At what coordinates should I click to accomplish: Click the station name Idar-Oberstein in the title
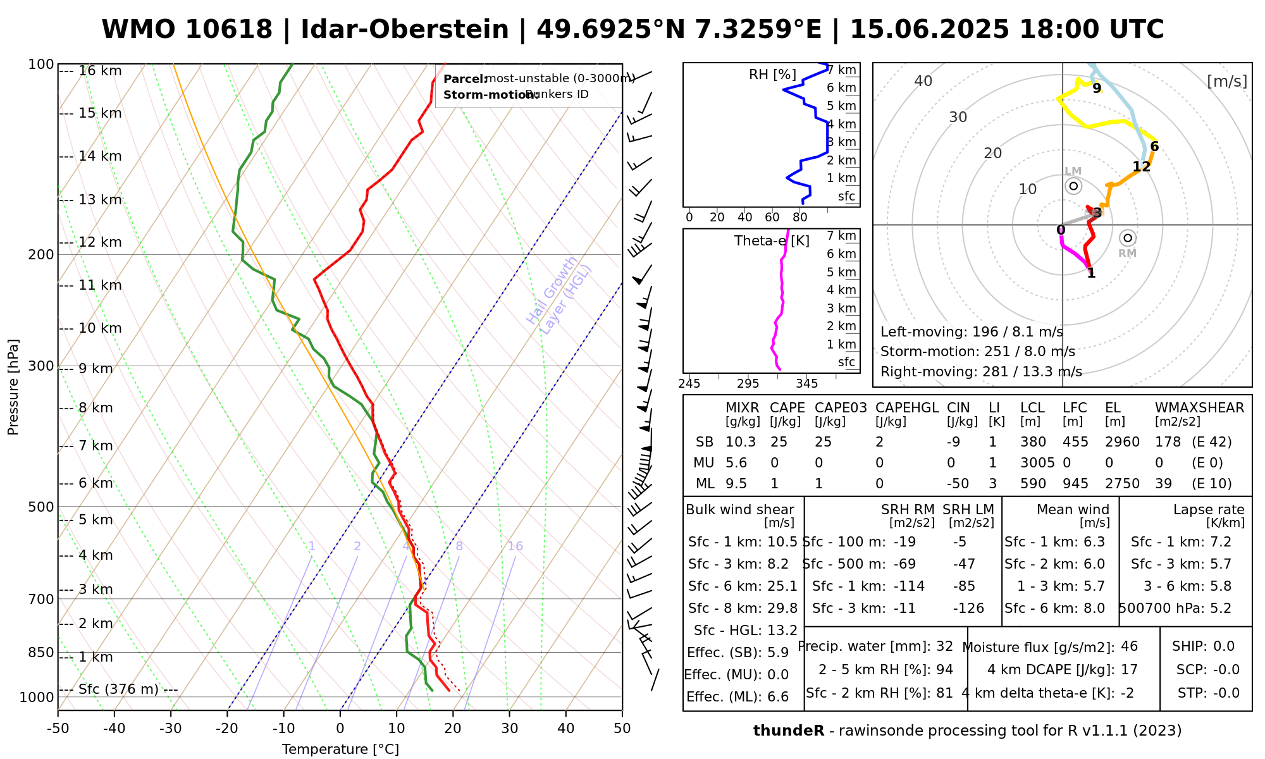[405, 30]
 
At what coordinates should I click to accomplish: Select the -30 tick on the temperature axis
[171, 729]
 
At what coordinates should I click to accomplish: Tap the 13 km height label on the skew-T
[100, 200]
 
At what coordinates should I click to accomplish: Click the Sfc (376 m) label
[118, 689]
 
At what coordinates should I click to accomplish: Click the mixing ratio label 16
[515, 546]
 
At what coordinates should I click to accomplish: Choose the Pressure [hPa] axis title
[13, 387]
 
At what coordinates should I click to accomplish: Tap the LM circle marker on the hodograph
[1073, 186]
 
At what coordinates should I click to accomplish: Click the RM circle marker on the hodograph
[1127, 238]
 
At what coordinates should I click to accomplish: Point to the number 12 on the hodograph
[1141, 167]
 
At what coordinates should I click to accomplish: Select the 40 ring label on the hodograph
[923, 81]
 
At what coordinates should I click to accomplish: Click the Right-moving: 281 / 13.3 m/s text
[981, 372]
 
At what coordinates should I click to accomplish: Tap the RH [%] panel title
[772, 75]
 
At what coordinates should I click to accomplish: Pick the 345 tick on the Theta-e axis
[806, 384]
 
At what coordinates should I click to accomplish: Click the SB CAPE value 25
[778, 442]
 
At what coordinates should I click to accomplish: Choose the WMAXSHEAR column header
[1199, 408]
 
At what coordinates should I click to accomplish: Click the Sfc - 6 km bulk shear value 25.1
[782, 586]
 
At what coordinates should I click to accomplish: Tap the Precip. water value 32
[944, 646]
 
